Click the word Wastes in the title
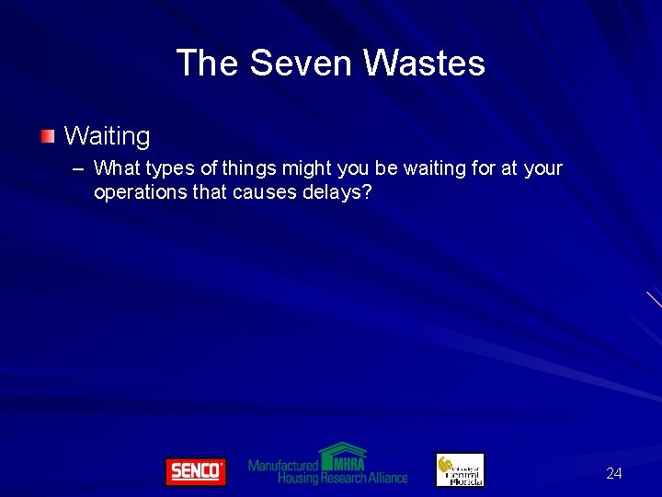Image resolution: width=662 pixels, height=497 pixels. coord(424,64)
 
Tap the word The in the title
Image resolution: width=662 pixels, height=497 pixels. coord(208,64)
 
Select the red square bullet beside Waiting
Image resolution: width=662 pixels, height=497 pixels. coord(48,137)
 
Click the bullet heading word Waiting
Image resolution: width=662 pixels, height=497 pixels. coord(107,137)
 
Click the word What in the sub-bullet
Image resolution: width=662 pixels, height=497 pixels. coord(115,168)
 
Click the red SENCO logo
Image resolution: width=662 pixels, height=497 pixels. coord(195,471)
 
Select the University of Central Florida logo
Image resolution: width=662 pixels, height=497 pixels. coord(460,469)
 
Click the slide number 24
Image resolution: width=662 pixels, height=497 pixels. coord(614,474)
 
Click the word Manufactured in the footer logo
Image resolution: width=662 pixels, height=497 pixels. coord(282,466)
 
